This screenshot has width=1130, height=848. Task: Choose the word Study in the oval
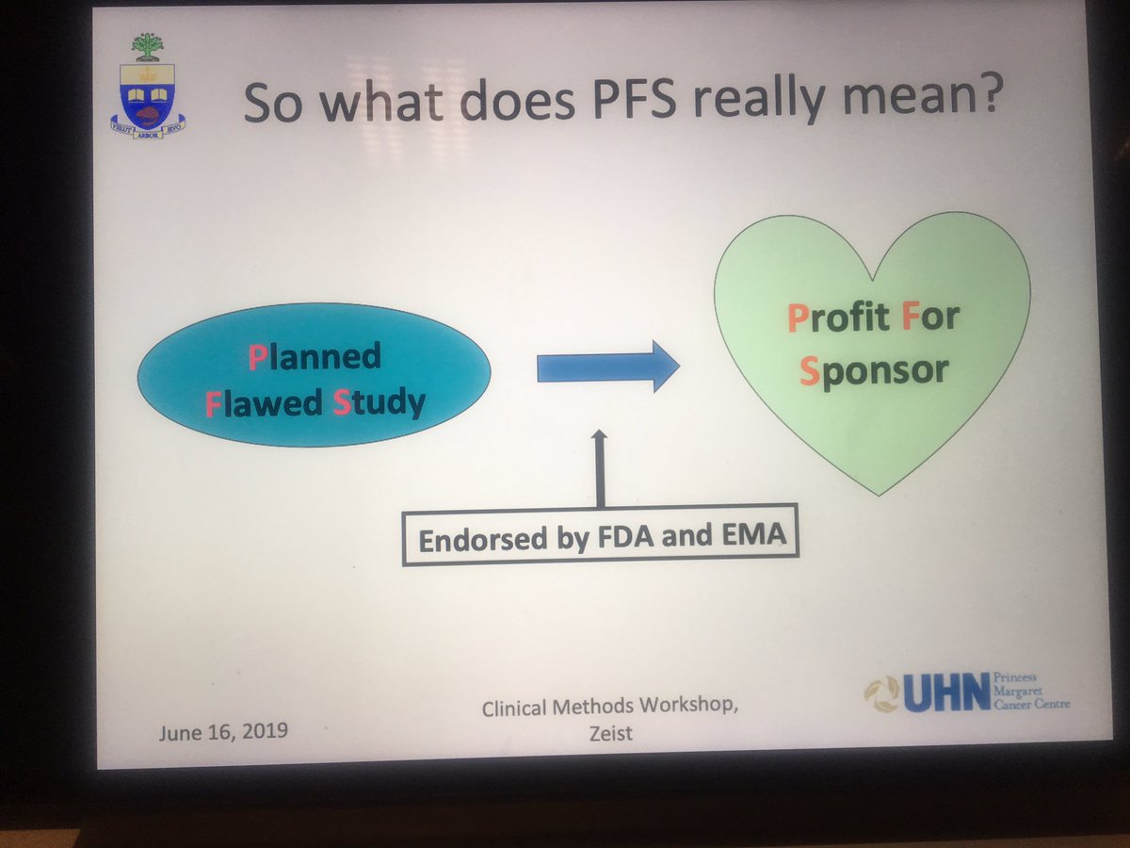(379, 402)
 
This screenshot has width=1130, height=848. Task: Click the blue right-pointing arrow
(607, 367)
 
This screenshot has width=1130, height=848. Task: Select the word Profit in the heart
(838, 318)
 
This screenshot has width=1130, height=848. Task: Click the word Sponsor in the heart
(873, 369)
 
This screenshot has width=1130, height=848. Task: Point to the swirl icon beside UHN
(882, 693)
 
